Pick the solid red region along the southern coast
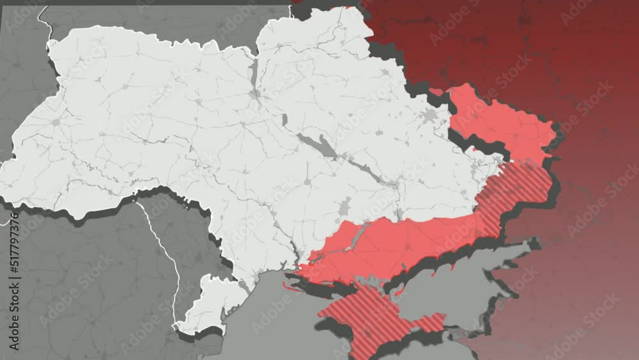[x=396, y=246]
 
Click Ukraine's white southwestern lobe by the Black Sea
[x=204, y=307]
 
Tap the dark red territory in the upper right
[x=511, y=45]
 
